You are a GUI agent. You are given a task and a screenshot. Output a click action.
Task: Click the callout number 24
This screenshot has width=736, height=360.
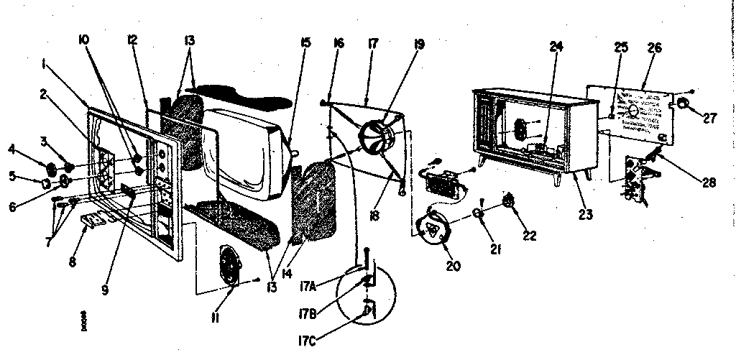pos(556,47)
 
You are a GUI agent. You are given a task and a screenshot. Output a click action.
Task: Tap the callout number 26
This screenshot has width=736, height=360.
pos(655,49)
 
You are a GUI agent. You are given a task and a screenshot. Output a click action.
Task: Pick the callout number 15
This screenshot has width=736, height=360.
pos(305,44)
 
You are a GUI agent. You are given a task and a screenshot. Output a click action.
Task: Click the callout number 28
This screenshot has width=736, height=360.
pos(709,183)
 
